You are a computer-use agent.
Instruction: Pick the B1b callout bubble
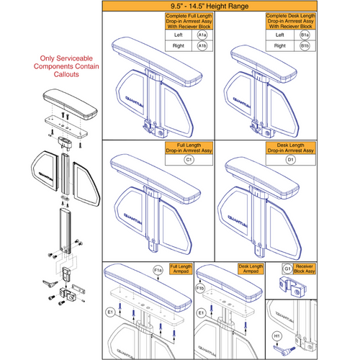[x=323, y=45]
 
